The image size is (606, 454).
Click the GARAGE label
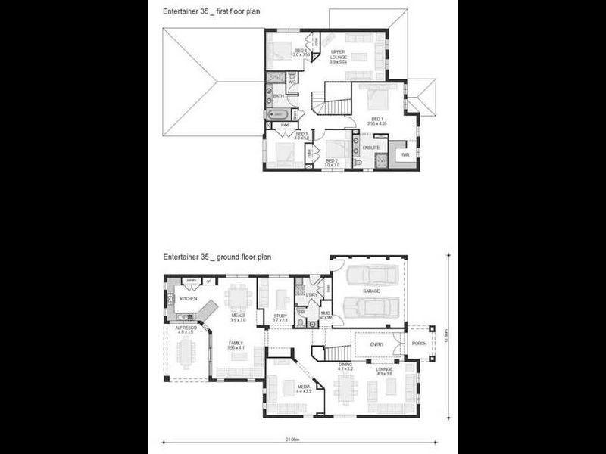[370, 291]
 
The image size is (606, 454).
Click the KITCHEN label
[189, 299]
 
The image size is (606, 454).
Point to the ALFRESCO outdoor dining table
[186, 353]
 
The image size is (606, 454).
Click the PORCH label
[419, 343]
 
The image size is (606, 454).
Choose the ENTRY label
[377, 344]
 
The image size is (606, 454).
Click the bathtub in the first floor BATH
[276, 114]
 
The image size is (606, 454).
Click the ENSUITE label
[370, 147]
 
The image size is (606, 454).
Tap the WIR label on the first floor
[405, 154]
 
